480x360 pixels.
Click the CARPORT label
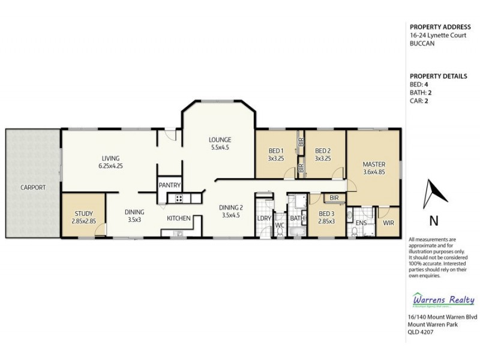(32, 187)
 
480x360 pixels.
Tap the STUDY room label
(84, 213)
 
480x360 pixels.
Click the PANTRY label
(170, 185)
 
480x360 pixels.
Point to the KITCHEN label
(179, 218)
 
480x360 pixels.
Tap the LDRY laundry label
(264, 218)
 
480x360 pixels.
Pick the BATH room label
(297, 218)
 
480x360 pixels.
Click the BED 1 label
(275, 151)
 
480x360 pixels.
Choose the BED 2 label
(323, 151)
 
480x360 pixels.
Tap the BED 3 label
(326, 214)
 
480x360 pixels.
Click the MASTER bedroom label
(374, 164)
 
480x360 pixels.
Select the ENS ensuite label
(361, 223)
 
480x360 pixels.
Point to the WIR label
(388, 223)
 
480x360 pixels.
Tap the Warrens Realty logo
(444, 300)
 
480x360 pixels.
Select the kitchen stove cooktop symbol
(178, 199)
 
